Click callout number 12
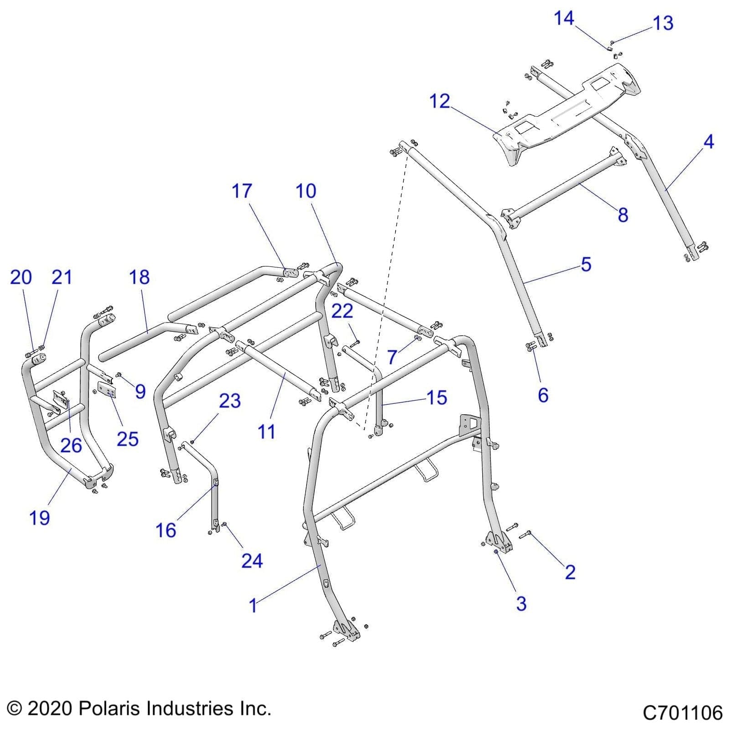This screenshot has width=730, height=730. pos(439,101)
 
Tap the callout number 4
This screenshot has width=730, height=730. pos(708,142)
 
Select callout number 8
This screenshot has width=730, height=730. pos(623,214)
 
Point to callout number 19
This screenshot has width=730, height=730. pos(39,518)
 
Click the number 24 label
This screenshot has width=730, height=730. pos(252,561)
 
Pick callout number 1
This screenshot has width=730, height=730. pos(253,605)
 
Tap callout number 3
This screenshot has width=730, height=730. pos(521,603)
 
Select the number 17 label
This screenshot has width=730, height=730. pos(241,191)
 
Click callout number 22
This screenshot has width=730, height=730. pos(342,311)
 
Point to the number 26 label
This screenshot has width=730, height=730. pos(71,445)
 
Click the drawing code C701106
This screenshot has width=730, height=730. pos(683,713)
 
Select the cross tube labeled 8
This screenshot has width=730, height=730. pos(566,187)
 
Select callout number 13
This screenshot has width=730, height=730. pos(663,23)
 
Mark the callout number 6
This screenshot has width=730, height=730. pos(543,395)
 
